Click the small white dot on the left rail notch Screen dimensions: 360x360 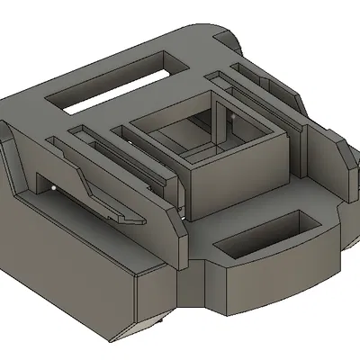(56, 186)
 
